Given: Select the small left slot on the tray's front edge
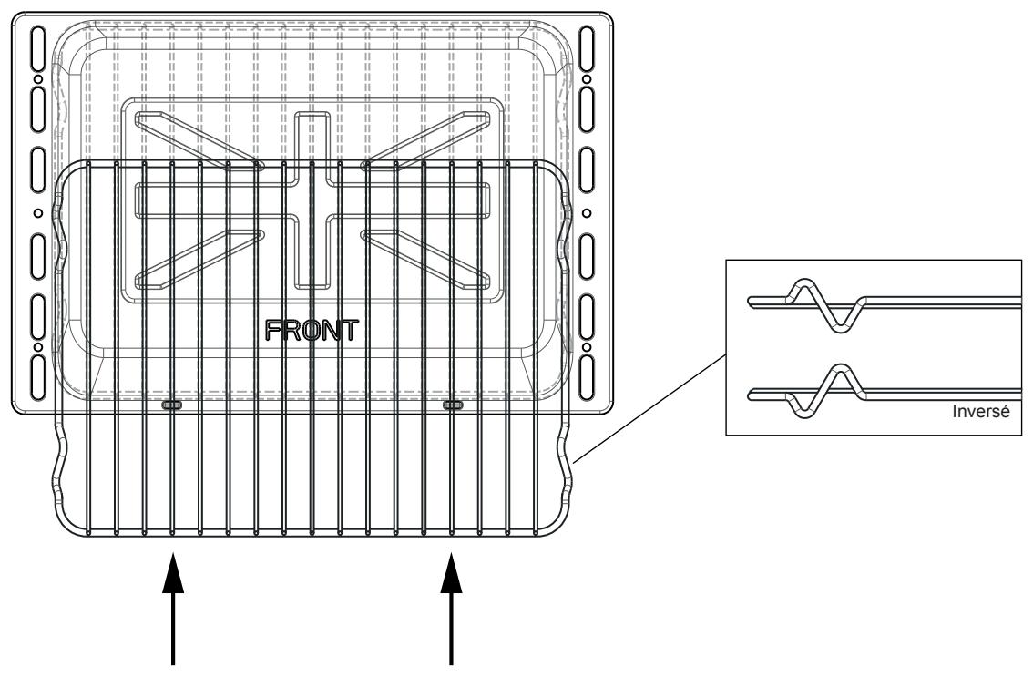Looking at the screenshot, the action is coord(172,404).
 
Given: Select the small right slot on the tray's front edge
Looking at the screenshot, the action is coord(453,404).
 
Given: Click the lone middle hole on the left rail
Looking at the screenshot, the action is coord(38,212).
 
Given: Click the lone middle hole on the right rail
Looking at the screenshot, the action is coord(588,212).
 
